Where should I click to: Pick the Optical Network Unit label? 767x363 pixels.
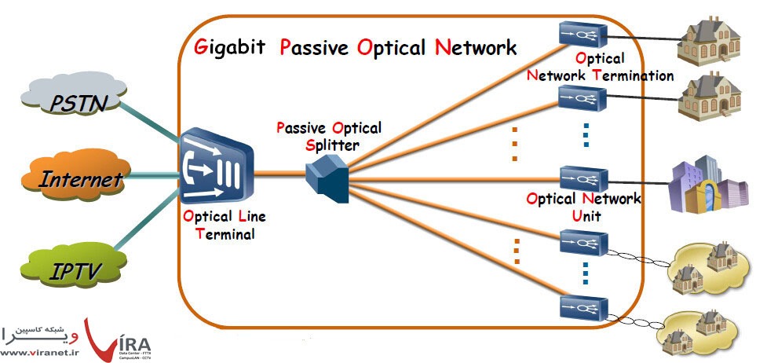tap(583, 207)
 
